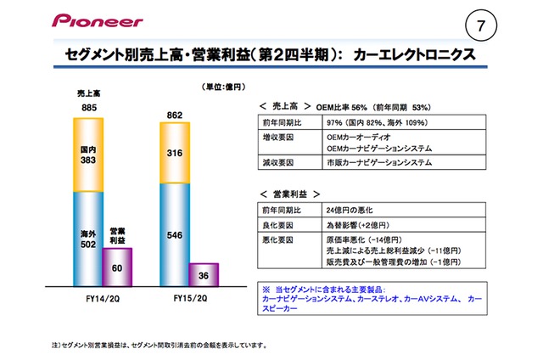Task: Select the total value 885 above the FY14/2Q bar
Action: (88, 108)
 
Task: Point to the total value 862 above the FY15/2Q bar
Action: (176, 115)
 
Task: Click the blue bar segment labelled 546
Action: (176, 233)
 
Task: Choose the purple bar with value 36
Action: (204, 277)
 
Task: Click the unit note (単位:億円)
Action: (222, 87)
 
